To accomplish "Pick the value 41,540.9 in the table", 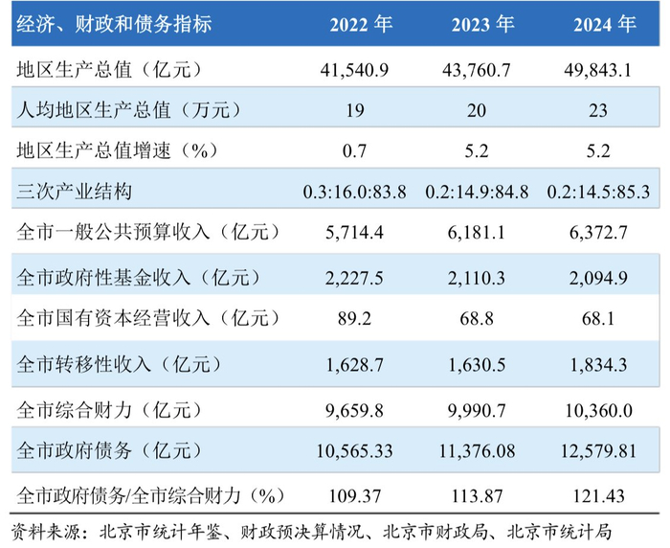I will coord(362,70).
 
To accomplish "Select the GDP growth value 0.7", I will coord(362,150).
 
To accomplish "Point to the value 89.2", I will coord(362,318).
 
